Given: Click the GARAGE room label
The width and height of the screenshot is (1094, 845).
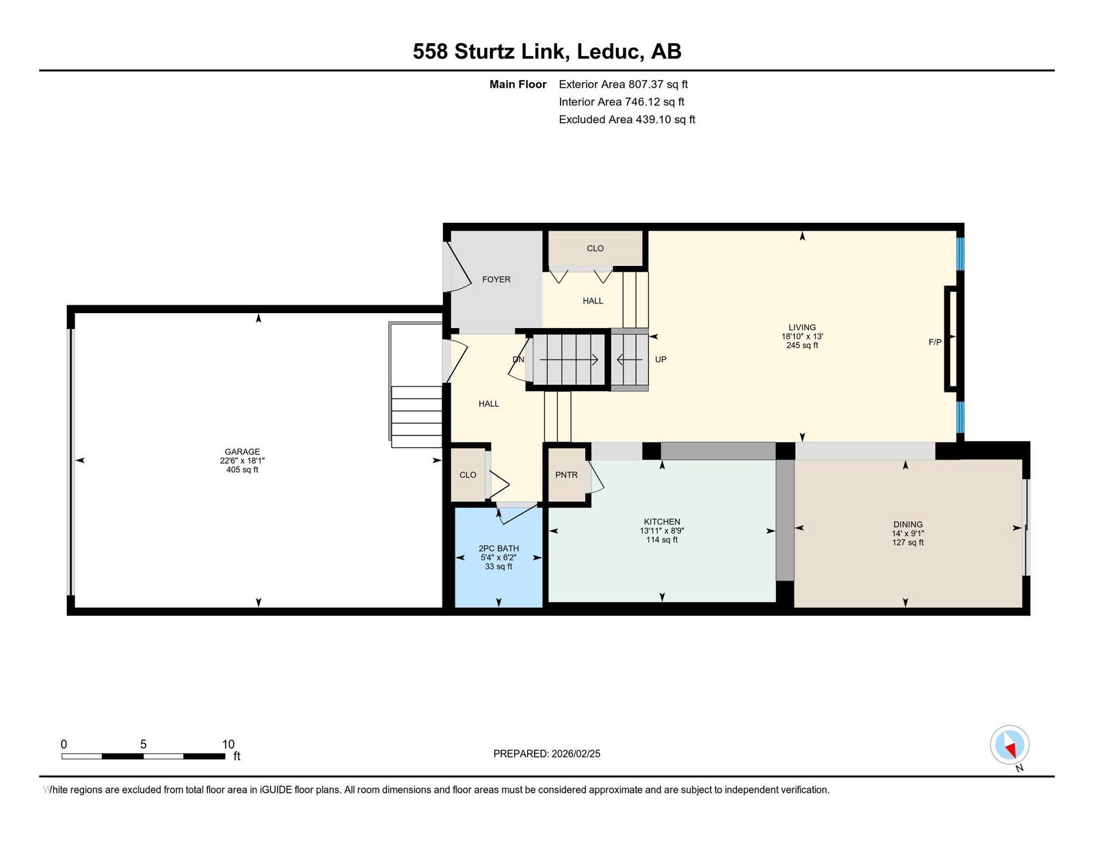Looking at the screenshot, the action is tap(242, 451).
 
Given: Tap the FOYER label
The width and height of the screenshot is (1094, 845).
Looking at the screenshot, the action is tap(496, 280).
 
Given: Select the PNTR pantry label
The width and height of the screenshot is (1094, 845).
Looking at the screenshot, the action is tap(566, 474).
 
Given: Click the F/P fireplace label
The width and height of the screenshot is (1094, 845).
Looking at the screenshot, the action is tap(935, 343).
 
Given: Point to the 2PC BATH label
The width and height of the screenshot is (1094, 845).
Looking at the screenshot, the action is tap(498, 548).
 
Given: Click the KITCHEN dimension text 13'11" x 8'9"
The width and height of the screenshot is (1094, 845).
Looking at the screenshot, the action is tap(662, 531).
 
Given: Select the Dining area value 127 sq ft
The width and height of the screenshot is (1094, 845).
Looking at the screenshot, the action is tap(908, 543).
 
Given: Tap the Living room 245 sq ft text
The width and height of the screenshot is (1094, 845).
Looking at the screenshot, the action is tap(802, 345).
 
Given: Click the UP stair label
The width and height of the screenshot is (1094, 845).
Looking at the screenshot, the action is tap(661, 360).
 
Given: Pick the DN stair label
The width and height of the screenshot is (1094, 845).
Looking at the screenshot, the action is tap(518, 360).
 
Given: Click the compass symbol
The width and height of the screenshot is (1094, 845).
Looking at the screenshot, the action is tap(1009, 745).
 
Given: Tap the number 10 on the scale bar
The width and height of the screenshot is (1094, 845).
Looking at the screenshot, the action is tap(228, 745).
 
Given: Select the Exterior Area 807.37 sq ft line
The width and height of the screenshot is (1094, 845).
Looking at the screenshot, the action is tap(624, 85).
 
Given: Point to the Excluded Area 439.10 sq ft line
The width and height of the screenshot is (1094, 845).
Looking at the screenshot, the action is tap(627, 120).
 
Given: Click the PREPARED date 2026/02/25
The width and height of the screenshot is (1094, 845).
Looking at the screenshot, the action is tap(576, 754).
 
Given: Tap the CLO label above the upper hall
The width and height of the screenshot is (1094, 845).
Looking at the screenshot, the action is tap(595, 248).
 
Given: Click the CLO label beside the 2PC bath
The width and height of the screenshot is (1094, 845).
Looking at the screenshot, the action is tap(468, 474).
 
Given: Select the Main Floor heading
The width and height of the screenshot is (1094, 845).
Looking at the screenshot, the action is tap(518, 85).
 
